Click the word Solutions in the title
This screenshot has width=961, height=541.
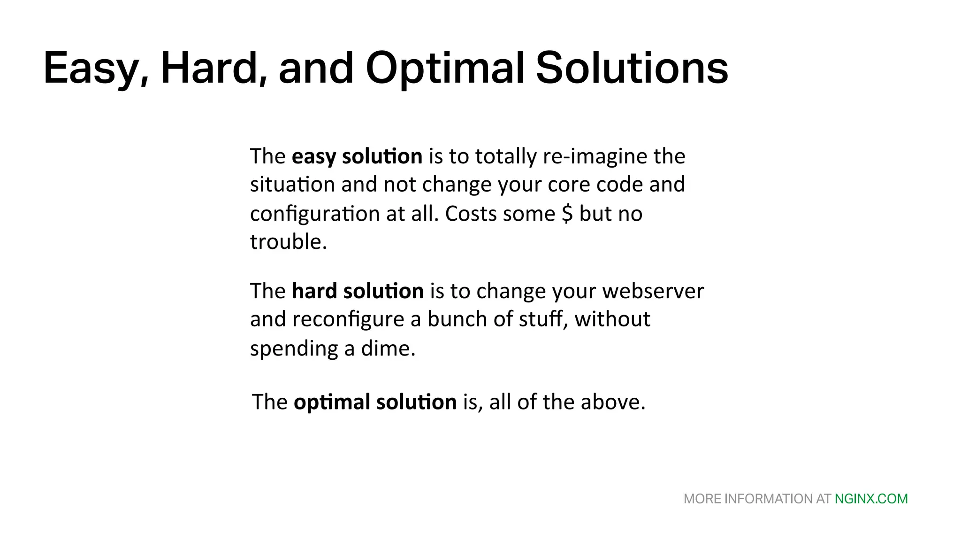(x=632, y=69)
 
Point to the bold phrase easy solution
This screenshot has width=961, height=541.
(x=357, y=156)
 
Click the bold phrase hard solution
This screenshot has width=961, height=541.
(x=358, y=291)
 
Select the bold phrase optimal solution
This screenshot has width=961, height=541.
(x=374, y=402)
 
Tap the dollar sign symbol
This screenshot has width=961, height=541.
(x=567, y=214)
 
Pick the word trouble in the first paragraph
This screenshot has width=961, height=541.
(x=288, y=242)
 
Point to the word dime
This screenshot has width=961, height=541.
(x=388, y=349)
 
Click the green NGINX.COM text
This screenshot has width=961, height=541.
(x=871, y=499)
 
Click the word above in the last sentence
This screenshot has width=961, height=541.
(x=612, y=402)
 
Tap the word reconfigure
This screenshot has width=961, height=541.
(x=348, y=319)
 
